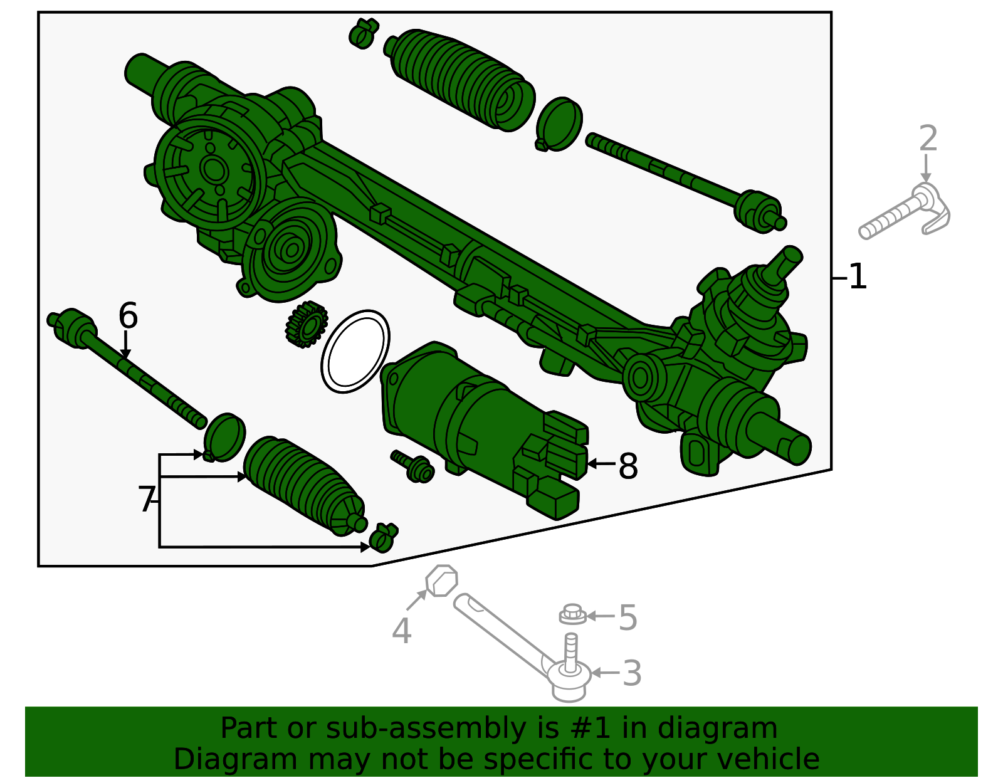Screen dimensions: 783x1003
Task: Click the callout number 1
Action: pos(858,276)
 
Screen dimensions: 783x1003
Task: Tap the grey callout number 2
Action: pos(928,139)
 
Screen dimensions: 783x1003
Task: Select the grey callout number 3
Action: pos(631,673)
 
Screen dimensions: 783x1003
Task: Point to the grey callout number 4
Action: pos(401,631)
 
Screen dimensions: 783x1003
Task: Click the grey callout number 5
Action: pos(628,617)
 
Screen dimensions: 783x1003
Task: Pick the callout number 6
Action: pos(128,316)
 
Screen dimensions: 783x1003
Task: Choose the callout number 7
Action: pos(146,500)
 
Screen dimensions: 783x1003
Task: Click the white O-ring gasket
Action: pos(355,352)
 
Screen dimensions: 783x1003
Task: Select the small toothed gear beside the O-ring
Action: pos(306,323)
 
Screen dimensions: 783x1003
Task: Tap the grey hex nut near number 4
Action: pos(442,581)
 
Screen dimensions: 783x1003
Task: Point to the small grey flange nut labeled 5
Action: pos(572,614)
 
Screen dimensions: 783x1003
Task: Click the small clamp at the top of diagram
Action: pos(364,33)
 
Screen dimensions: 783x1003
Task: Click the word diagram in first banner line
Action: pos(730,728)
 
